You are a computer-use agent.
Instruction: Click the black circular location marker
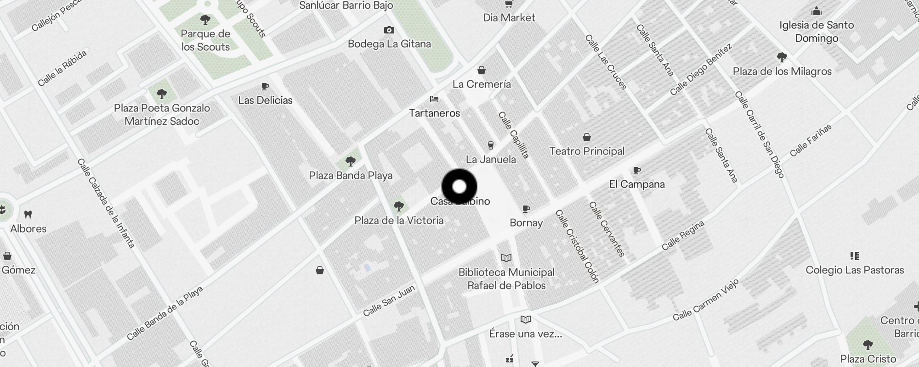(459, 187)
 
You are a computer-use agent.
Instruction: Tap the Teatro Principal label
(587, 151)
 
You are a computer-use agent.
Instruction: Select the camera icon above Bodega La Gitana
(389, 30)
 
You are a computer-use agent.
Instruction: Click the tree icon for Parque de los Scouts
(205, 20)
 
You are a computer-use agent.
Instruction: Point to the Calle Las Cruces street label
(606, 62)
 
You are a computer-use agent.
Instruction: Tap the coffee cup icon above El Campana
(636, 171)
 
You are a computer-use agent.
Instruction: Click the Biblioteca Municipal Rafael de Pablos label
(506, 279)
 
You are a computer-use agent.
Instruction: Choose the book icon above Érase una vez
(525, 319)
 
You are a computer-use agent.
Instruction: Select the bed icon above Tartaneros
(434, 99)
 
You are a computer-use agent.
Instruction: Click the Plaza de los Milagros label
(782, 72)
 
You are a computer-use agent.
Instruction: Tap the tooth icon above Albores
(28, 214)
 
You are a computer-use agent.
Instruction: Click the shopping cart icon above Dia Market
(509, 4)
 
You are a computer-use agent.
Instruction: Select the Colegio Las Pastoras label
(855, 270)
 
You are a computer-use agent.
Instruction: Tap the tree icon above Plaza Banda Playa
(351, 161)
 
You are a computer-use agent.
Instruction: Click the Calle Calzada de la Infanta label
(106, 203)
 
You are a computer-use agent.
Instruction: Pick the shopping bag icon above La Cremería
(482, 70)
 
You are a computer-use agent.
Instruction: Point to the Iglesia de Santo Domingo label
(816, 32)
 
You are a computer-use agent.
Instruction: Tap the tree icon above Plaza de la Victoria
(398, 206)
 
